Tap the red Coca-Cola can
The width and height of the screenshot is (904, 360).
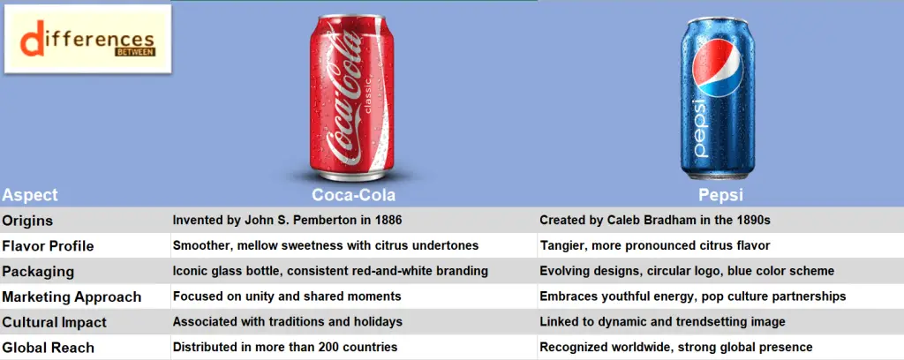(352, 97)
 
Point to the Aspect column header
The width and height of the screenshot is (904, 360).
(30, 195)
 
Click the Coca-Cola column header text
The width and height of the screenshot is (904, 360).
(353, 195)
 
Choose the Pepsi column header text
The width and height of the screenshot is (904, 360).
(719, 195)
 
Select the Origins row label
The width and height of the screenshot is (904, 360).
(28, 221)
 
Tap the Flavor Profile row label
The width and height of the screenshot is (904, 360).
(49, 246)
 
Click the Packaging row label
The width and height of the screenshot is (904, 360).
(38, 272)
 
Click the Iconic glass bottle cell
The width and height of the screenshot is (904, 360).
(330, 272)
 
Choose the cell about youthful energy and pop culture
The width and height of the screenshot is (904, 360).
(692, 296)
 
